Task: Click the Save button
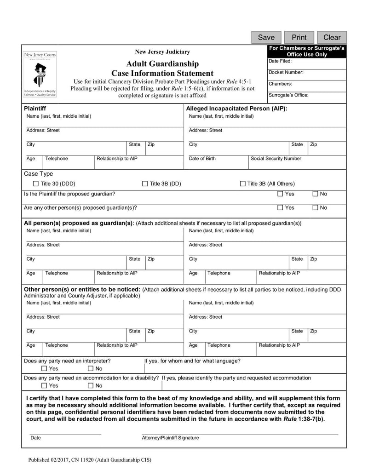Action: pos(266,37)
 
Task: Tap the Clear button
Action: pos(332,37)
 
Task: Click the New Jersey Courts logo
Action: pos(40,74)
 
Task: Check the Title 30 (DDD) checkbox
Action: pos(36,184)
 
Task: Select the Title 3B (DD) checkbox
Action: pos(145,184)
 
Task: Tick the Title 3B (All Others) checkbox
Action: pos(243,184)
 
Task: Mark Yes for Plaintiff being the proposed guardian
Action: pos(280,194)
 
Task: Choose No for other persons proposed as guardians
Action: pos(315,208)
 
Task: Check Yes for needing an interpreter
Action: pos(44,368)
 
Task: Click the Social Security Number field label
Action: pos(276,159)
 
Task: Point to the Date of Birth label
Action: pos(202,159)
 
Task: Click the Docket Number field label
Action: pos(286,72)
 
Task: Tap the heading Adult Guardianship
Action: pos(162,63)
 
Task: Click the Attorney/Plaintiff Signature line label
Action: pos(170,438)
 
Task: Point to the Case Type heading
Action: pos(38,174)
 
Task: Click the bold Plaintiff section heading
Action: pos(34,109)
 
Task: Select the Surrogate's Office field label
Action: pos(288,95)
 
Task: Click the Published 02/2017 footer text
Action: pos(89,459)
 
